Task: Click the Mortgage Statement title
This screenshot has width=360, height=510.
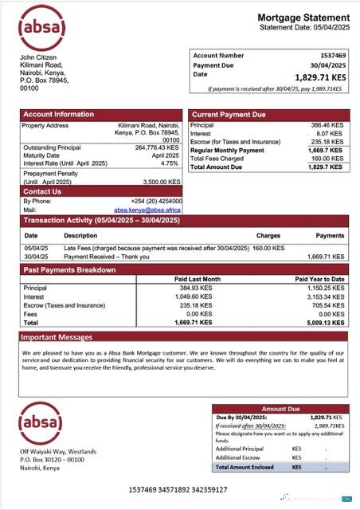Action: (x=303, y=18)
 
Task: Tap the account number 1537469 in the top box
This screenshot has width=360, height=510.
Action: (x=331, y=56)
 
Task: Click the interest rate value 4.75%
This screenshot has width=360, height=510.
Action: (x=170, y=163)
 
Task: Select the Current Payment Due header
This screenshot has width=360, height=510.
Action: (x=229, y=115)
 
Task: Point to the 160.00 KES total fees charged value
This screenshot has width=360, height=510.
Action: (x=327, y=159)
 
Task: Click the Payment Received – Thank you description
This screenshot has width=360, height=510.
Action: (x=112, y=257)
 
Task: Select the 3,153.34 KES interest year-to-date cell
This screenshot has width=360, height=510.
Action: (x=325, y=296)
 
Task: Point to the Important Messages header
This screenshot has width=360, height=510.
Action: (x=58, y=337)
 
